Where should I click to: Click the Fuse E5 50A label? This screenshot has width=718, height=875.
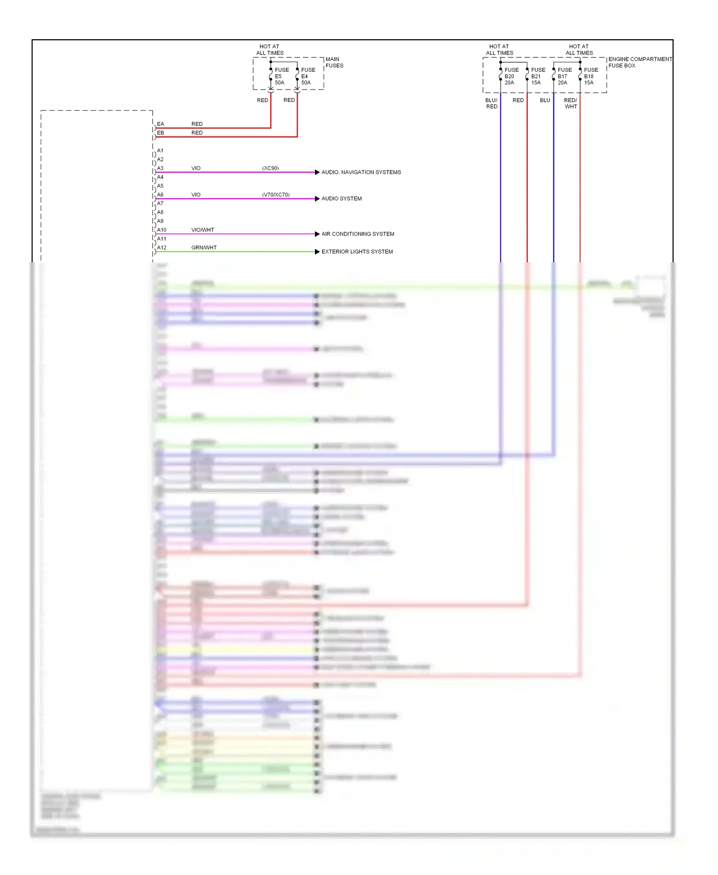[281, 76]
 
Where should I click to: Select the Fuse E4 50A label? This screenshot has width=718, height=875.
[307, 76]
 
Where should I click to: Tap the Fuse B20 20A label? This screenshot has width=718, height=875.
[511, 76]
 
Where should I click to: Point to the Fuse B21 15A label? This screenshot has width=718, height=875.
[538, 76]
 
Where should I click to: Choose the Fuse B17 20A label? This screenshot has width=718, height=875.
[564, 76]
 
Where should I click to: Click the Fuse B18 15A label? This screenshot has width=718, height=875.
[590, 76]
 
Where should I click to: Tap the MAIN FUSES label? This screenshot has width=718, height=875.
[334, 62]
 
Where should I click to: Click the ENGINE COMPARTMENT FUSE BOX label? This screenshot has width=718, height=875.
[639, 62]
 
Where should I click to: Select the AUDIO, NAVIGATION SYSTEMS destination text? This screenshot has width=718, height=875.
[361, 172]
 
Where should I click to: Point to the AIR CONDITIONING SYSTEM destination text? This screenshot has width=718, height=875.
[358, 234]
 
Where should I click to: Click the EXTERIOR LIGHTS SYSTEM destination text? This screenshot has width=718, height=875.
[357, 252]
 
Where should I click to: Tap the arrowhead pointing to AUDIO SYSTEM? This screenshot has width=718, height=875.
[317, 199]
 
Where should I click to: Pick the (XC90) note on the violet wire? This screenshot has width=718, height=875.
[270, 168]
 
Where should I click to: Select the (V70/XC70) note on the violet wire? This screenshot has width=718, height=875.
[276, 195]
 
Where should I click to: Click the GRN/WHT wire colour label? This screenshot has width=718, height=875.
[204, 247]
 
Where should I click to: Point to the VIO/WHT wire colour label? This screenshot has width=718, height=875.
[202, 230]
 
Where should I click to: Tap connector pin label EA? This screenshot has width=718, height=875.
[160, 124]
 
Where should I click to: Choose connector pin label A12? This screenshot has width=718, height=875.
[162, 247]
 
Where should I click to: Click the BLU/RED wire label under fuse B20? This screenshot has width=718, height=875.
[492, 103]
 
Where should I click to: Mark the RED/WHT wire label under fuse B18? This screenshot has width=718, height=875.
[571, 103]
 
